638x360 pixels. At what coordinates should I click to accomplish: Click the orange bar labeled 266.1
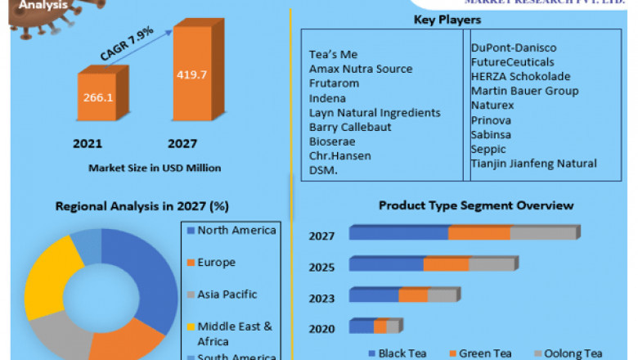point(97,97)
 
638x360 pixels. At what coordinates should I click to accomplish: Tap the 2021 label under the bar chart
point(88,144)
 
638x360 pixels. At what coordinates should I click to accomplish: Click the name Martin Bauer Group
point(521,90)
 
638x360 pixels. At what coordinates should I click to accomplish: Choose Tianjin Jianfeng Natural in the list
point(533,164)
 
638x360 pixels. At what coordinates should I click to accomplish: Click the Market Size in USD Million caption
point(155,168)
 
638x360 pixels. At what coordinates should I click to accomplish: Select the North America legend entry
point(236,231)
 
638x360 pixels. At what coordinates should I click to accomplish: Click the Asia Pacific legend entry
point(227,295)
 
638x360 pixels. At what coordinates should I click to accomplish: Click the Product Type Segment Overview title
point(476,205)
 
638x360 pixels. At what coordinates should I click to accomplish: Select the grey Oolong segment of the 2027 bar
point(543,234)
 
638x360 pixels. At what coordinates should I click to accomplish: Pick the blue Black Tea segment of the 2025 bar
point(386,264)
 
